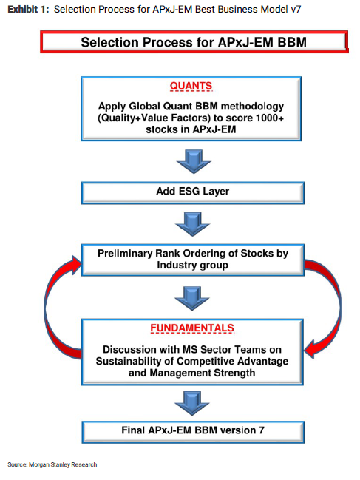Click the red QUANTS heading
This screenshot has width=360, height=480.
point(191,86)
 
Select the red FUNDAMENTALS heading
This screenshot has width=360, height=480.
point(192,328)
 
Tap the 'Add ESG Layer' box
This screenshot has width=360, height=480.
point(193,193)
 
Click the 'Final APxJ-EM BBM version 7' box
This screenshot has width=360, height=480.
point(193,432)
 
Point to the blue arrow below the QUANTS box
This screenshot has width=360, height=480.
point(193,161)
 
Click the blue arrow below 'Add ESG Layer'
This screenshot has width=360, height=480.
point(193,224)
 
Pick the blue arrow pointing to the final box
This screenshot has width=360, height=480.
point(192,403)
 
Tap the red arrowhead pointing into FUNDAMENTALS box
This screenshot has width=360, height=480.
point(313,349)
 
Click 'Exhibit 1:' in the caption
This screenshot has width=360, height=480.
point(28,10)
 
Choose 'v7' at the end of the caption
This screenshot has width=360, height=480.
point(296,10)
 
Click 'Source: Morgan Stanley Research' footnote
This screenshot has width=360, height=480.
point(52,464)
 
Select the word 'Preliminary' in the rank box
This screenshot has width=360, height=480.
point(125,254)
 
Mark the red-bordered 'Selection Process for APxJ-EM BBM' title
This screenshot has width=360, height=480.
point(194,41)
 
